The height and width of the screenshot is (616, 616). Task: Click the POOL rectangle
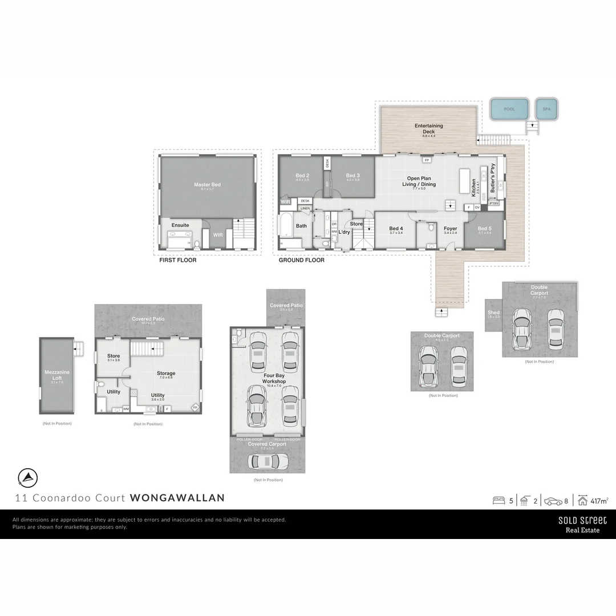tap(509, 109)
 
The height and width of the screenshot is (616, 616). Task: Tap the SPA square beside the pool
tap(546, 109)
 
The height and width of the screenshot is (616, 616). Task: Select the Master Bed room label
tap(207, 185)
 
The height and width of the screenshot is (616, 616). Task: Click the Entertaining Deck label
tap(428, 128)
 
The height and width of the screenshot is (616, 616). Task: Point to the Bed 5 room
tap(484, 229)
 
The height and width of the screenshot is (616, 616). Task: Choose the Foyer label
tap(451, 229)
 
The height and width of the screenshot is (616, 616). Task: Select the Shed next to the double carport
tap(493, 314)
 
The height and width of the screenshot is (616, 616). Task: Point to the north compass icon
tap(27, 477)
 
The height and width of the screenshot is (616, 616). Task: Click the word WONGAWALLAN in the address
tap(177, 497)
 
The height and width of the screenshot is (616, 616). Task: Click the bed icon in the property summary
tap(499, 501)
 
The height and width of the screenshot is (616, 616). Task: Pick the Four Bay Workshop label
tap(274, 379)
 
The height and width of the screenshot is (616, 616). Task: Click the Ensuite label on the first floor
tap(180, 225)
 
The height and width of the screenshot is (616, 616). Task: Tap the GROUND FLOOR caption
tap(301, 260)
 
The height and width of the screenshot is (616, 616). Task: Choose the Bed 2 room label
tap(302, 176)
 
